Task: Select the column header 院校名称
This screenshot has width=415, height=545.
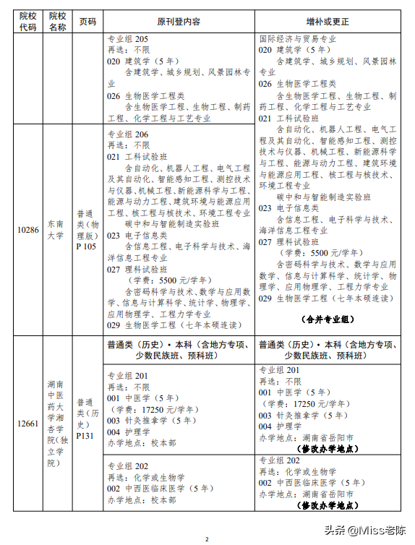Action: [57, 21]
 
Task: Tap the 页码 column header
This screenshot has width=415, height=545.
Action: [87, 21]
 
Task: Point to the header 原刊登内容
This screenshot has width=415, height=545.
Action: [179, 21]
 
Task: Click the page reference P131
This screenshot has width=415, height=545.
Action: [86, 435]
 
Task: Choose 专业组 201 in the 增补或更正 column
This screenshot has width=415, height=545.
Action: [280, 369]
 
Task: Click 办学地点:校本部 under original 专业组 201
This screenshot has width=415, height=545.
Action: [142, 443]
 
